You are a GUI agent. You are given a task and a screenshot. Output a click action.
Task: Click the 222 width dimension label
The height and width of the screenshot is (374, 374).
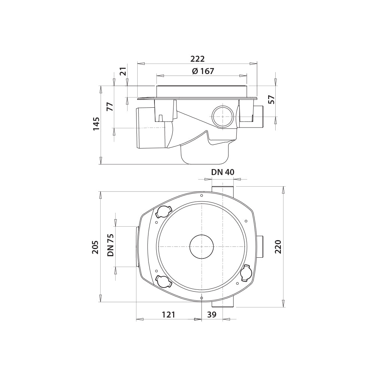pos(197,59)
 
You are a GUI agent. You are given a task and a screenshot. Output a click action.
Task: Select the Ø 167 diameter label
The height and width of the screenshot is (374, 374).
pos(203,71)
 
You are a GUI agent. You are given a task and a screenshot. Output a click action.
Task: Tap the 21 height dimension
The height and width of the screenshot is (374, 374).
pos(123,71)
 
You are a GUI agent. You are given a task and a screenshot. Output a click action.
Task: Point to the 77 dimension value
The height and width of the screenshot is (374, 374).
pos(110,106)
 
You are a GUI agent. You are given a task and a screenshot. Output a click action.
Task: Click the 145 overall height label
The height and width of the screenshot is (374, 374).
pos(96,124)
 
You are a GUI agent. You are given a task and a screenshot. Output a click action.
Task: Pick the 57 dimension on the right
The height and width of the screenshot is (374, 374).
pos(272,99)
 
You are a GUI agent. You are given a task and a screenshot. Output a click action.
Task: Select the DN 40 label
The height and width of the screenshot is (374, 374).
pos(223,172)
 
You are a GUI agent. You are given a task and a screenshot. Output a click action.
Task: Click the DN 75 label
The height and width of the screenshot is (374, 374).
pos(111,245)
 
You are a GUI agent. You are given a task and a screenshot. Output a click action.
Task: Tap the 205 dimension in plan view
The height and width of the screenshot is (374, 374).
pos(95,247)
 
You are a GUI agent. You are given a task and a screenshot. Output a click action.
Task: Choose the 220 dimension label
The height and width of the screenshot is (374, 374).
pos(278,247)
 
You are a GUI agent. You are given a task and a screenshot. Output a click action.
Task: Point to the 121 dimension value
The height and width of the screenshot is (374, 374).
pos(168,315)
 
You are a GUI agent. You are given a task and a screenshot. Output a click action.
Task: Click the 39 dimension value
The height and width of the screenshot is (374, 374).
pos(212,315)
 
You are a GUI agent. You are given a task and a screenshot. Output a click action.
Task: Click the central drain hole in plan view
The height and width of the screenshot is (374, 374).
pos(202,247)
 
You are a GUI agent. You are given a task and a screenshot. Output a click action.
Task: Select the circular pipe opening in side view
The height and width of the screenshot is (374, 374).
pos(223,116)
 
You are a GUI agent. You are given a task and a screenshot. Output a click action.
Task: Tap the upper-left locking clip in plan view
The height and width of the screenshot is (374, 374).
pos(163,212)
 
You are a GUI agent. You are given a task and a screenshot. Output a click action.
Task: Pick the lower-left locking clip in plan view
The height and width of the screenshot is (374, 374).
pos(163,282)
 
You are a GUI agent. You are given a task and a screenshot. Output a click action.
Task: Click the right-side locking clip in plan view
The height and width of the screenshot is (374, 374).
pos(246,273)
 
